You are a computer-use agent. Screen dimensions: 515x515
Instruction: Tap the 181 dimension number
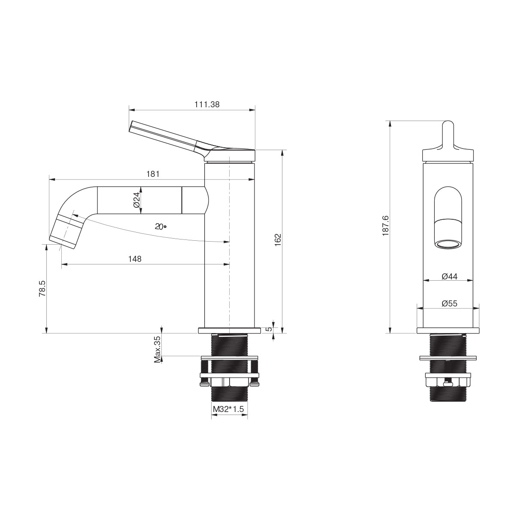(153, 174)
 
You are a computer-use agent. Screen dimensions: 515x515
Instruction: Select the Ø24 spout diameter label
(136, 200)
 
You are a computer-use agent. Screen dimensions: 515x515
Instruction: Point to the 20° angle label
(161, 227)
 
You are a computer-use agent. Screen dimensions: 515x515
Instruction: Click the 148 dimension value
(135, 259)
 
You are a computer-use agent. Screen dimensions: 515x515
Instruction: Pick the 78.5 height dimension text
(42, 288)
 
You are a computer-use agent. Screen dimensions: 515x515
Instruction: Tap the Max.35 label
(158, 349)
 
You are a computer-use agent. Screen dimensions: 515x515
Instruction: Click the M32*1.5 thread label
(228, 409)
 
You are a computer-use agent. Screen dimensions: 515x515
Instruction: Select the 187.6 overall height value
(386, 226)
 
